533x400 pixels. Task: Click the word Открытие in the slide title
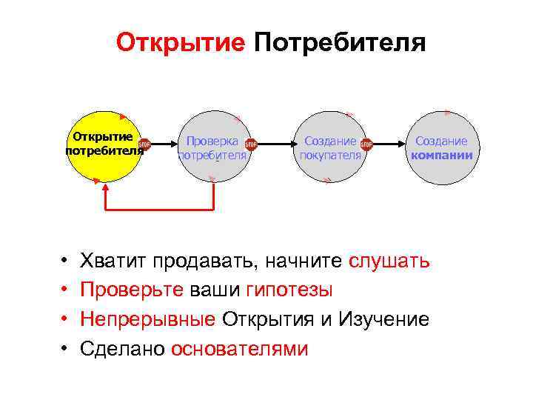180,42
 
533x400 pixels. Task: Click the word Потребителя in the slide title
339,42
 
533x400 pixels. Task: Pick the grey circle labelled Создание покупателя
329,167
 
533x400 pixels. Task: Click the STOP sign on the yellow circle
144,145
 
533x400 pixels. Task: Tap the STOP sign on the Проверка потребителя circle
250,145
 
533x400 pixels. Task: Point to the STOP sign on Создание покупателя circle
366,145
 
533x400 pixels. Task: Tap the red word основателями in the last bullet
239,348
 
